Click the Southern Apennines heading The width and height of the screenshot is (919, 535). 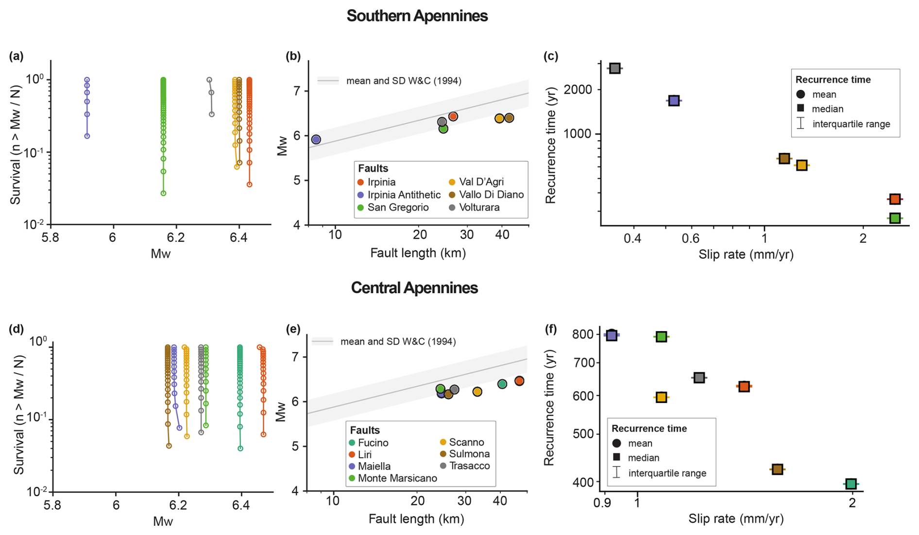417,16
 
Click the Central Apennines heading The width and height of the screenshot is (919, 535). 414,288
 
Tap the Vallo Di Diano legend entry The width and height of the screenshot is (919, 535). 491,195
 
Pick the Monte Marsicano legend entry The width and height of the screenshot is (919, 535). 397,478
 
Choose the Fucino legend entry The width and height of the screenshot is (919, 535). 373,443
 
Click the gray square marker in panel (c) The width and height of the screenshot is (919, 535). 615,68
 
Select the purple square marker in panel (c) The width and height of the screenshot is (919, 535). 673,101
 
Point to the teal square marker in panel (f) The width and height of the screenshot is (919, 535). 851,484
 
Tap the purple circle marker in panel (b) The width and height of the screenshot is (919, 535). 316,140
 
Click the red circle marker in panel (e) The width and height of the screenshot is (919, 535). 519,381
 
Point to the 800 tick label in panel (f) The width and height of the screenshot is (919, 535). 583,334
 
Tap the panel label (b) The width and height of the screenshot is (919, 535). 293,56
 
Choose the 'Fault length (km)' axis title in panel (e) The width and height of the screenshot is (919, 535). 416,519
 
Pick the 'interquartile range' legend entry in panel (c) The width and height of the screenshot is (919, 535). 851,124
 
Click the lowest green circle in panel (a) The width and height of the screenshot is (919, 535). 163,193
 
